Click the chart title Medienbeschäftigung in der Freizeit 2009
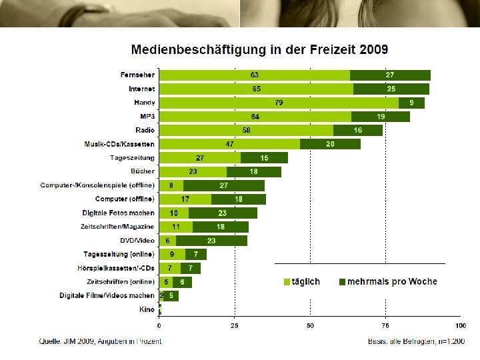point(260,49)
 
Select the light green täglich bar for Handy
point(279,103)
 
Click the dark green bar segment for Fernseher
point(390,75)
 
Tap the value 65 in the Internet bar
point(256,89)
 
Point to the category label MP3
point(145,117)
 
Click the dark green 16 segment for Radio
point(358,130)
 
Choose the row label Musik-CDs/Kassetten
point(119,144)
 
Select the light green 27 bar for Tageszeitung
point(199,158)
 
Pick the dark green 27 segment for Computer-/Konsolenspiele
point(224,185)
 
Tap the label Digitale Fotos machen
point(119,213)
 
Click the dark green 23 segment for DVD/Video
point(211,241)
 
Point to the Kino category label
point(147,309)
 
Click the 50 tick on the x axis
point(310,326)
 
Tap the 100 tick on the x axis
point(460,326)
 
